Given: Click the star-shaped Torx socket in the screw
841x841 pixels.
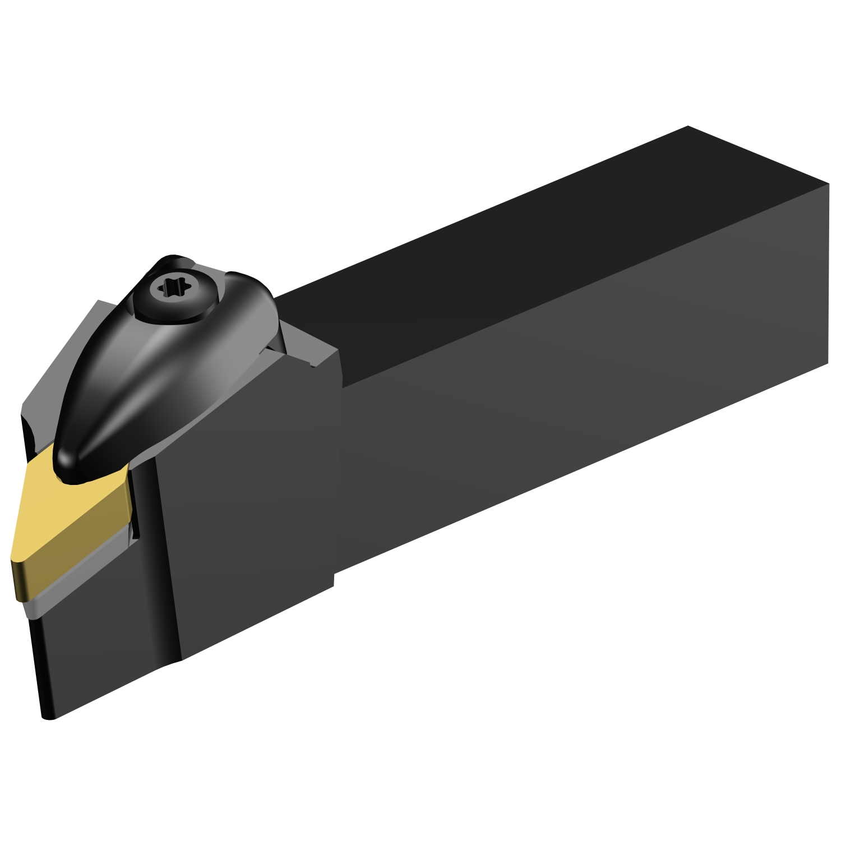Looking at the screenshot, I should (x=169, y=289).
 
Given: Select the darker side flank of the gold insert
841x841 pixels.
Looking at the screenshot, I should (x=73, y=561).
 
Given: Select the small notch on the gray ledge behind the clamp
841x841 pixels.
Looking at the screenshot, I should (x=312, y=364).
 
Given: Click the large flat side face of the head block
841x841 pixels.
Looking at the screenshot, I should (x=247, y=505).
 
